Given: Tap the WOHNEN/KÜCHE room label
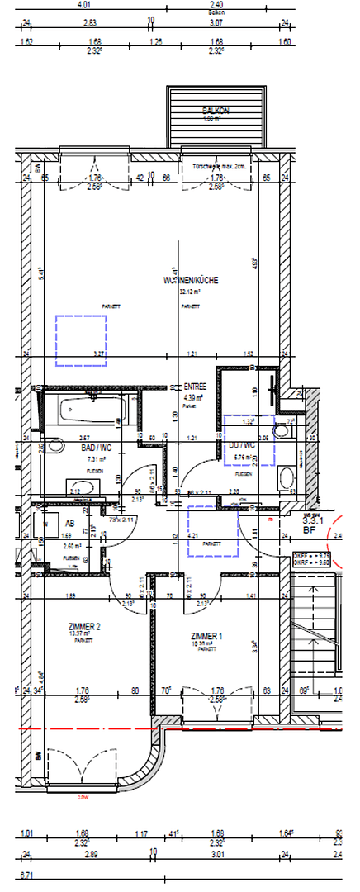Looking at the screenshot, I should coord(192,281).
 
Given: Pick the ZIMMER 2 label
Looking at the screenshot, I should coord(85,628).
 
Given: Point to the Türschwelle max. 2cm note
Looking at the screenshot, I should coord(218,166).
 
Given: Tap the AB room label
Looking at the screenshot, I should coord(70,524).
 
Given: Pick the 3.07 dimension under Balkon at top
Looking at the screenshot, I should coord(216,23).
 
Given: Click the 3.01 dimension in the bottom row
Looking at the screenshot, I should coord(217,855).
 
